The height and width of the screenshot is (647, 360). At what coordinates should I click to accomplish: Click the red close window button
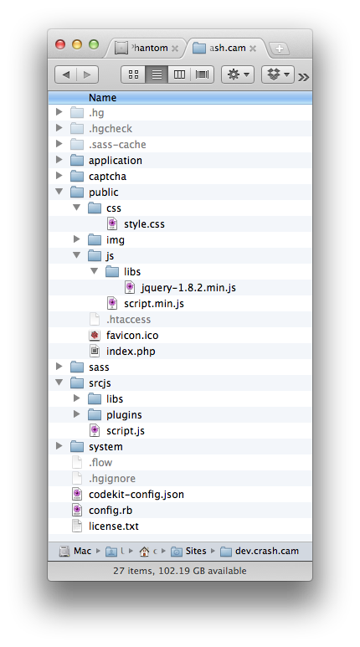tap(60, 44)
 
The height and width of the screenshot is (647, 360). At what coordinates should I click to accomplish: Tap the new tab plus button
tap(279, 49)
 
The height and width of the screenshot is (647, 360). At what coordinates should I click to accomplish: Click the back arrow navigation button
tap(65, 74)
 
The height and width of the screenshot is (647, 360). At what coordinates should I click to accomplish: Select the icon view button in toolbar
tap(133, 74)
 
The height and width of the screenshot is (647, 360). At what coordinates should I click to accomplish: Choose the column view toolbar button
tap(179, 74)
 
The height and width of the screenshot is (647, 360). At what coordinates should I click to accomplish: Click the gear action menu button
tap(238, 74)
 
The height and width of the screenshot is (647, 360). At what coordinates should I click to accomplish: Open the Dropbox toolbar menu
tap(277, 74)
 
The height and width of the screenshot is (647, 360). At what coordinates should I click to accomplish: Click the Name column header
tap(102, 98)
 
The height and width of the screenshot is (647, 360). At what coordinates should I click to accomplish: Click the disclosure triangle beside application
tap(59, 160)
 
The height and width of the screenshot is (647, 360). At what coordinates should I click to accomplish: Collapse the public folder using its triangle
tap(59, 192)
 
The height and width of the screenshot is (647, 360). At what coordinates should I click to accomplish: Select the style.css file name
tap(144, 224)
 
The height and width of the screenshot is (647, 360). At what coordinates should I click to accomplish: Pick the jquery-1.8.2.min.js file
tap(188, 288)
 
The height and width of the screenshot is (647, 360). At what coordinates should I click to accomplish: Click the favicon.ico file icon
tap(95, 335)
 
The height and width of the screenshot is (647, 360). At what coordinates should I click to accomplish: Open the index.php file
tap(131, 352)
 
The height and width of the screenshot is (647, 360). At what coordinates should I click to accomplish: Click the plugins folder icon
tap(95, 414)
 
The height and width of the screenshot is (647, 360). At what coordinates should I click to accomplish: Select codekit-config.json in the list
tap(136, 495)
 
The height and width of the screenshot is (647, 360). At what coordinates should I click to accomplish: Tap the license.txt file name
tap(114, 526)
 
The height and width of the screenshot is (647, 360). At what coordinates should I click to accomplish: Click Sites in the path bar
tap(196, 551)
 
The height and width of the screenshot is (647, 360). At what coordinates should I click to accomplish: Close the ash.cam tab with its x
tap(253, 49)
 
